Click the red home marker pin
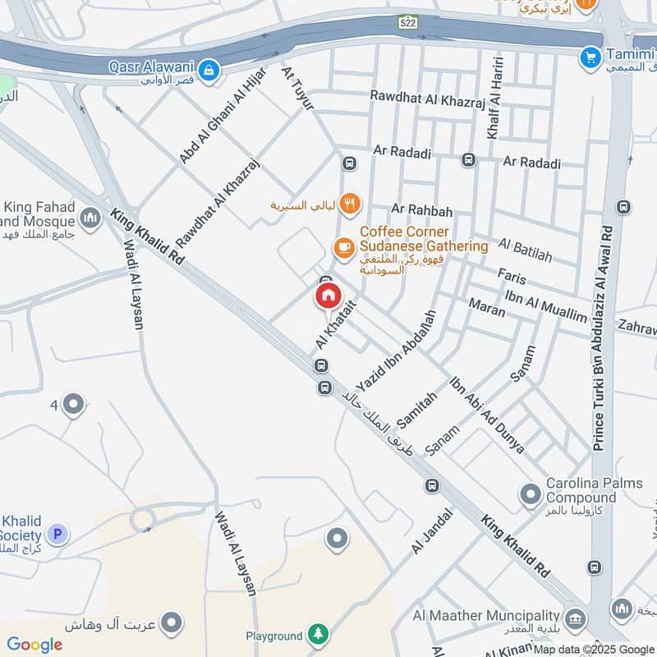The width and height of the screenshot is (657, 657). pyautogui.click(x=328, y=296)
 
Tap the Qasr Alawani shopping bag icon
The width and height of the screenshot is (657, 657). pyautogui.click(x=210, y=68)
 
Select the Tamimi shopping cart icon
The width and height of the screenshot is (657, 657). pyautogui.click(x=589, y=57)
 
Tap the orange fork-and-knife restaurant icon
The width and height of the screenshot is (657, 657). pyautogui.click(x=351, y=203)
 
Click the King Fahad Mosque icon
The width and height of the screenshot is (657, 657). pyautogui.click(x=90, y=218)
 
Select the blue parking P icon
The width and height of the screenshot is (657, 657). pyautogui.click(x=57, y=535)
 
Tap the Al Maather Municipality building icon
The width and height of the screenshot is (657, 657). pyautogui.click(x=576, y=616)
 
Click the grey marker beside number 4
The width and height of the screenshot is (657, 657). pyautogui.click(x=74, y=404)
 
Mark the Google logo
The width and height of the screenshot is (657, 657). pyautogui.click(x=34, y=645)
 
